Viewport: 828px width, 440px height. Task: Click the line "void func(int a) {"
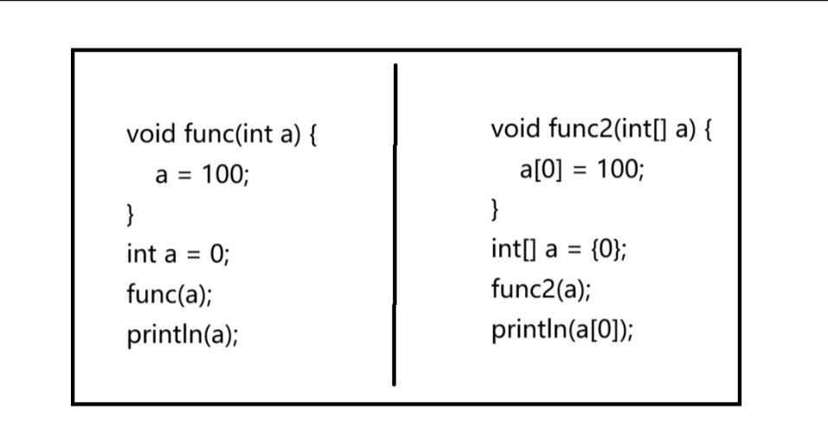click(221, 135)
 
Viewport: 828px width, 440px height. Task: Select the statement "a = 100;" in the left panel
click(202, 176)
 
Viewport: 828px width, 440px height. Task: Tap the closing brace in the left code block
click(130, 213)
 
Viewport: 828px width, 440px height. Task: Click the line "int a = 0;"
click(178, 255)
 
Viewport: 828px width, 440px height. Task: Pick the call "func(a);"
click(170, 294)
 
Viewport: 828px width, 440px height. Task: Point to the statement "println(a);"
click(183, 334)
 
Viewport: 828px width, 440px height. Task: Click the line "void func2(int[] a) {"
click(601, 131)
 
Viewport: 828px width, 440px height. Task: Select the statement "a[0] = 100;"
click(581, 169)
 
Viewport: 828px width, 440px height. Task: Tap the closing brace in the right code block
click(495, 209)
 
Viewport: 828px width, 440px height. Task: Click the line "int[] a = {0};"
click(559, 250)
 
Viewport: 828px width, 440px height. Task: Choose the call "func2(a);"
click(542, 289)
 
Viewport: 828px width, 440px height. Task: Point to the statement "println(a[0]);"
click(562, 329)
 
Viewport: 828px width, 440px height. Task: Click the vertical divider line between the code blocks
click(395, 225)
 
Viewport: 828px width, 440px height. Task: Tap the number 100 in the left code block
click(222, 176)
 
